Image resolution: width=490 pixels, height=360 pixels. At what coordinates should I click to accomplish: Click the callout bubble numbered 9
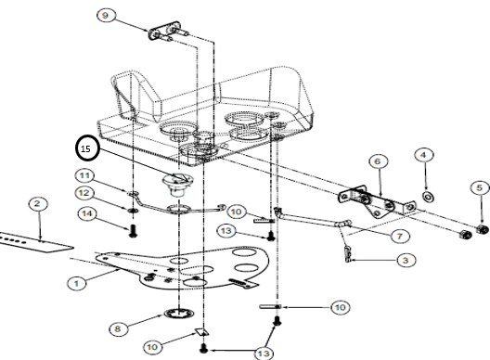(106, 15)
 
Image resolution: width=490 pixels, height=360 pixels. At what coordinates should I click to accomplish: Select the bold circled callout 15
(87, 148)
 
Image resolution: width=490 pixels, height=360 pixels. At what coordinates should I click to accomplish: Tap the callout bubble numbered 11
(84, 175)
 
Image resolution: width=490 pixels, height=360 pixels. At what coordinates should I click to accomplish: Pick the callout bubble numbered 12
(84, 193)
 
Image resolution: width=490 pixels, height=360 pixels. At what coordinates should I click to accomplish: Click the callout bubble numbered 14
(87, 213)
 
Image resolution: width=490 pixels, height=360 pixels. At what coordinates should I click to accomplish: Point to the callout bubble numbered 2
(37, 204)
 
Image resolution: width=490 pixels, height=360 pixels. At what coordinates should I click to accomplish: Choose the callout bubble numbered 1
(76, 283)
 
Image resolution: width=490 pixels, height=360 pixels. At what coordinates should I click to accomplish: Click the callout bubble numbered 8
(118, 328)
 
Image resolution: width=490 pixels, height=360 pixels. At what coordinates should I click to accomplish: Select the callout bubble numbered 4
(424, 155)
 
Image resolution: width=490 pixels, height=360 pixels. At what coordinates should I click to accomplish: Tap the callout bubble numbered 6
(378, 161)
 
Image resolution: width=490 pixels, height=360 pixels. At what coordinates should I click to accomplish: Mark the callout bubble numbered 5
(480, 188)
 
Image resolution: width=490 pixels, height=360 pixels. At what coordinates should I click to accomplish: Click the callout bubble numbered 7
(400, 236)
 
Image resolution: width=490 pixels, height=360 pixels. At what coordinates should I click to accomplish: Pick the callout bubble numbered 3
(406, 260)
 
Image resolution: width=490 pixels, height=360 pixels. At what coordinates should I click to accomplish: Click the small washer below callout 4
(429, 197)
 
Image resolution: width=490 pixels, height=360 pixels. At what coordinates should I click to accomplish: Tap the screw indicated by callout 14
(133, 231)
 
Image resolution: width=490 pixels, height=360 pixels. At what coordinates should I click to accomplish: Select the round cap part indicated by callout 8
(179, 313)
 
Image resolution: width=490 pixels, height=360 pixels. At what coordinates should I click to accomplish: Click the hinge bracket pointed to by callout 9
(168, 32)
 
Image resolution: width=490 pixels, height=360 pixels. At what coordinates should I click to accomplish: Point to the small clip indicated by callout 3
(348, 254)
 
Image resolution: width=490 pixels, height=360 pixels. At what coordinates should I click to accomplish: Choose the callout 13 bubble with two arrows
(264, 353)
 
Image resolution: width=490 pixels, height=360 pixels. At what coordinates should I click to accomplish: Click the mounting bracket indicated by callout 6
(377, 202)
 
